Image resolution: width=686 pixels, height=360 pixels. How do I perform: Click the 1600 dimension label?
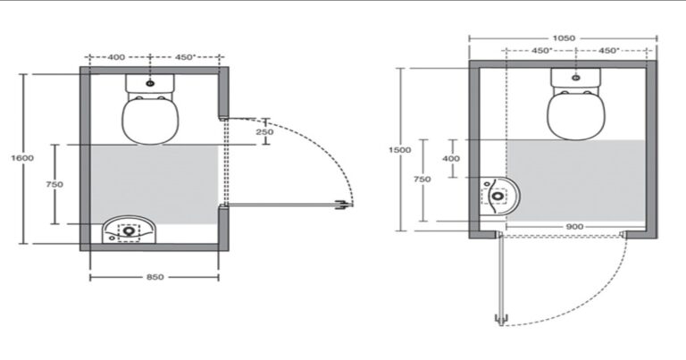(x=22, y=158)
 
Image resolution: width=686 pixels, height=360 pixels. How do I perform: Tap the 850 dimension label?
(x=155, y=277)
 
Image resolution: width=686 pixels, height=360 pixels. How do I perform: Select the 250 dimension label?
(x=264, y=131)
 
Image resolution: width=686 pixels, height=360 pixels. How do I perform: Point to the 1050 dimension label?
(x=564, y=38)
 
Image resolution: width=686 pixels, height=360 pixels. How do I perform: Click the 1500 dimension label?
(x=400, y=150)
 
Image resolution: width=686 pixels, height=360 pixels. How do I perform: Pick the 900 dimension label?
(x=574, y=227)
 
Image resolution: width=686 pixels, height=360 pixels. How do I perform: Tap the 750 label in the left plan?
(x=54, y=185)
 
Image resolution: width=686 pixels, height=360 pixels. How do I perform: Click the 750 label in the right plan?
(x=422, y=179)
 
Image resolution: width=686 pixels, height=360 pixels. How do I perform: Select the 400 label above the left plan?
(x=116, y=57)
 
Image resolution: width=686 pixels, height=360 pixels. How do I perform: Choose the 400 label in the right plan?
(x=450, y=158)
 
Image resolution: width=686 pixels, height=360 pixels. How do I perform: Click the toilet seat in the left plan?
(x=150, y=120)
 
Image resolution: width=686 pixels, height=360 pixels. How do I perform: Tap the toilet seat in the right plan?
(x=576, y=116)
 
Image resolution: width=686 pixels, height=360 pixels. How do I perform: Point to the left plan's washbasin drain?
(x=129, y=230)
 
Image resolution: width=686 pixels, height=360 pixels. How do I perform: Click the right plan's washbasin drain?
(x=498, y=196)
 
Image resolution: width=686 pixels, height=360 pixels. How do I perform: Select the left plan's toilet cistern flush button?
(x=150, y=83)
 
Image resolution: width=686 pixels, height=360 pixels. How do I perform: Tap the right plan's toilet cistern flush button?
(x=576, y=78)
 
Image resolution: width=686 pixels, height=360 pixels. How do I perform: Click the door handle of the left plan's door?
(x=343, y=205)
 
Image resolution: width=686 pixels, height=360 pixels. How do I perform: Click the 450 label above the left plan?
(x=186, y=57)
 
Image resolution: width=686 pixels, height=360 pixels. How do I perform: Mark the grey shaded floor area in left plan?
(x=154, y=185)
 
